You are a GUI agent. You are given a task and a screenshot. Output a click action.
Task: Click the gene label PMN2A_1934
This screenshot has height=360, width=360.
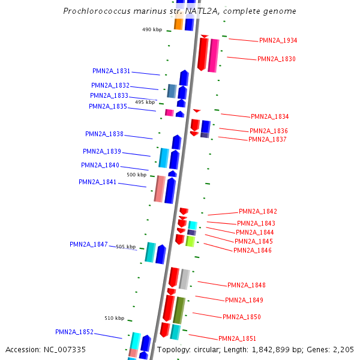278,40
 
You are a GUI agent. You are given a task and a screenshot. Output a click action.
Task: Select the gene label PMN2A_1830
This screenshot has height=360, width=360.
276,59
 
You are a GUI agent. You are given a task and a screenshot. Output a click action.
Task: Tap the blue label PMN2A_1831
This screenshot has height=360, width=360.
111,71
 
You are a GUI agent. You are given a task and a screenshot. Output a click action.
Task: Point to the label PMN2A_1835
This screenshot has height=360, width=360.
108,106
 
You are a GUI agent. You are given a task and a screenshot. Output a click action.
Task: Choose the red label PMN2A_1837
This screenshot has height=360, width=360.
268,139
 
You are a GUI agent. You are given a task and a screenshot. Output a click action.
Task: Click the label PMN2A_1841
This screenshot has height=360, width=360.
98,182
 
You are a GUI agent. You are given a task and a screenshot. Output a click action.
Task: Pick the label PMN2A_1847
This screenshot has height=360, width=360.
89,244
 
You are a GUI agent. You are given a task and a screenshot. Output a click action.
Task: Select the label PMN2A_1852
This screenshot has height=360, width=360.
74,332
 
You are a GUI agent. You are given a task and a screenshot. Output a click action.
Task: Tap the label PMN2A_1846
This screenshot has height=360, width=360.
253,250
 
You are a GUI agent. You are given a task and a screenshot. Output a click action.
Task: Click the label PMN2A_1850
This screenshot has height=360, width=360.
242,317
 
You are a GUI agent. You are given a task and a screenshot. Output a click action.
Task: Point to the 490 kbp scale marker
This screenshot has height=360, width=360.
152,29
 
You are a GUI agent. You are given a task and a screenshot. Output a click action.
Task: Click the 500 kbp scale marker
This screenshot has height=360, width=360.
136,175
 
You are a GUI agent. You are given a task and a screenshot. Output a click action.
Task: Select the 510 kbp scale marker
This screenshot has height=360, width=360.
114,318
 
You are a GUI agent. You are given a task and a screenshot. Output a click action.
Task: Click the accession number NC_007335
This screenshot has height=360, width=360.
65,349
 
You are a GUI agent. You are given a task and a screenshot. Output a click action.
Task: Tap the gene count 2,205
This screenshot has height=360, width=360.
343,349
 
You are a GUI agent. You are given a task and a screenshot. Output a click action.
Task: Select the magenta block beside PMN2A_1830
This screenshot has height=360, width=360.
214,55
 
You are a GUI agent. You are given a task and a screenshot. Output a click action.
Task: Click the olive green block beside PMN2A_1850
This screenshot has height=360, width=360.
179,310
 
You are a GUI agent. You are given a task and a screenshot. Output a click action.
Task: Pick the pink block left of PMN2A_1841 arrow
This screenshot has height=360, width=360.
160,188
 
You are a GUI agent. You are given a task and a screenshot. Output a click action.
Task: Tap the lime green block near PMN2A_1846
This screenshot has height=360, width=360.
190,241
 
